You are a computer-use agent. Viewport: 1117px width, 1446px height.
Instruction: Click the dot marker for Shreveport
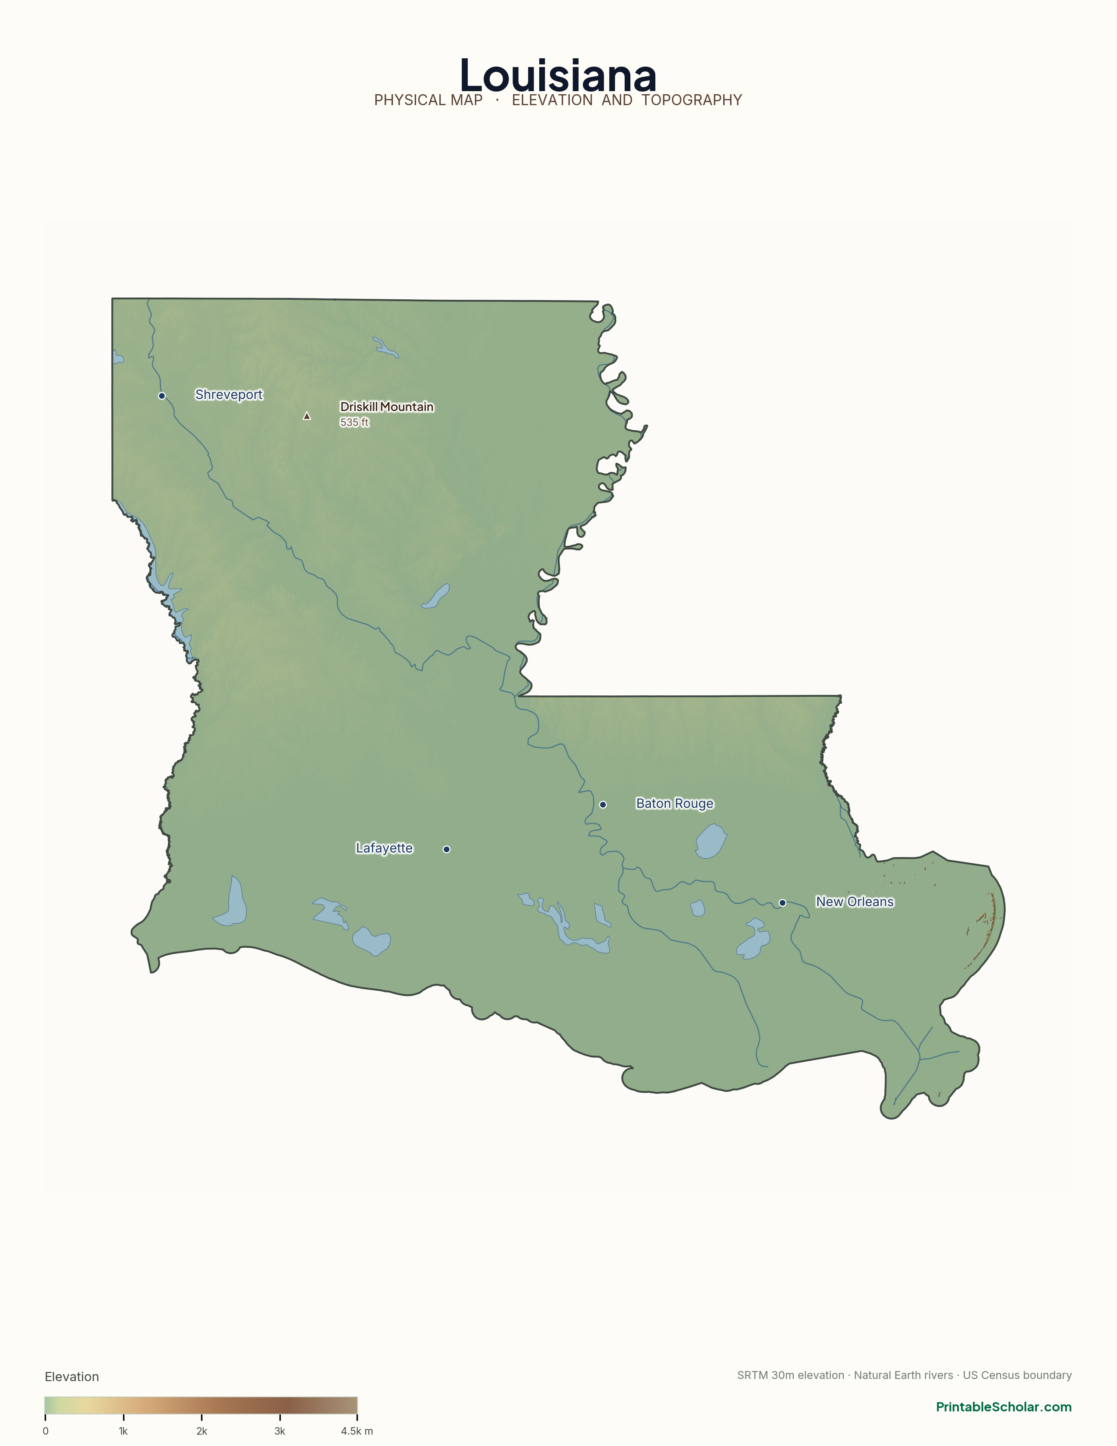pos(162,396)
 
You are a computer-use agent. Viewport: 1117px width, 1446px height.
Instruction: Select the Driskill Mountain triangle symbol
pos(306,416)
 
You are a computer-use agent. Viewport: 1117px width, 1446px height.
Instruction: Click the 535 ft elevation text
pos(354,422)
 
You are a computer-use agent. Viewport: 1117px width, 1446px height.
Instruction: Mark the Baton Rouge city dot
pos(603,805)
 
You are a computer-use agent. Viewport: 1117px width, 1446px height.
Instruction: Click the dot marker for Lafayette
pos(447,849)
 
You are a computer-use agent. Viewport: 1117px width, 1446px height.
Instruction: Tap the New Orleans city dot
pos(782,902)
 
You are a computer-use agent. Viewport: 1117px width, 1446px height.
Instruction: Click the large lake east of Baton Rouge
pos(710,841)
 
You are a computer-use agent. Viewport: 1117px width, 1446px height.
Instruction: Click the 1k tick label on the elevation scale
pos(123,1431)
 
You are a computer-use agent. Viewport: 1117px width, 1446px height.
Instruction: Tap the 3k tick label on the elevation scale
pos(280,1431)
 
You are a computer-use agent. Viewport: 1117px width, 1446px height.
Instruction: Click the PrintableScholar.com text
pos(1003,1407)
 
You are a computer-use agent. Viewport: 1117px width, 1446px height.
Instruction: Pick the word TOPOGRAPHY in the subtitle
pos(692,100)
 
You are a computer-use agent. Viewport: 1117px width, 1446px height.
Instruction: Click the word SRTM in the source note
pos(753,1375)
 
